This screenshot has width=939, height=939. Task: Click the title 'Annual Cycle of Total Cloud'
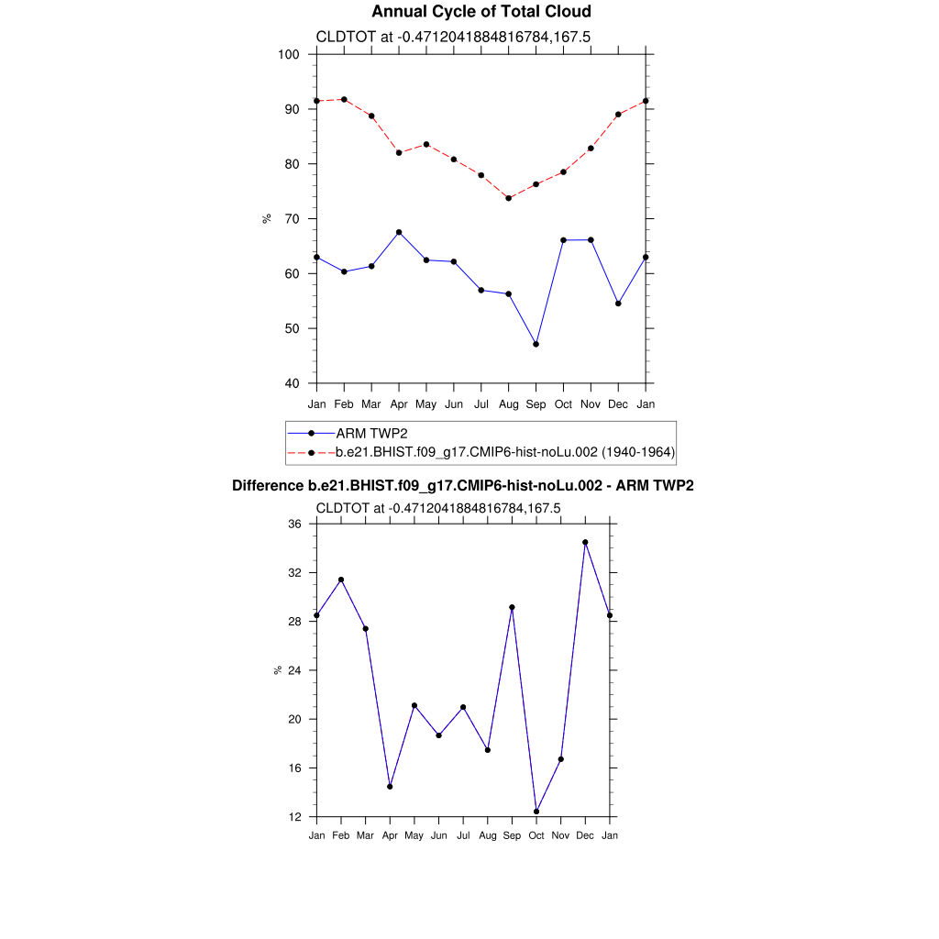click(481, 12)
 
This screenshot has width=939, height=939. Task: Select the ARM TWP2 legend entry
click(371, 433)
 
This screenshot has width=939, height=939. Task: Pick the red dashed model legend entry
click(505, 452)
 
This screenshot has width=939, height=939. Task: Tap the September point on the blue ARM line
click(536, 344)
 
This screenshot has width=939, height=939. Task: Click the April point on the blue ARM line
click(399, 232)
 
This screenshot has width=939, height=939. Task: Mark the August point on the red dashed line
click(508, 198)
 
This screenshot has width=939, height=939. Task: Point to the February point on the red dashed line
click(344, 99)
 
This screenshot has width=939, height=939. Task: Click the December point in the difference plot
click(585, 542)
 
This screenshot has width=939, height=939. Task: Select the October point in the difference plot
click(536, 812)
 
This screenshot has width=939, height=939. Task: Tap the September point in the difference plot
click(512, 607)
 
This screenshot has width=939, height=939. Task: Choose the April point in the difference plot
click(390, 787)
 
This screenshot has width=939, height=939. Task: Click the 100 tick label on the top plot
click(289, 54)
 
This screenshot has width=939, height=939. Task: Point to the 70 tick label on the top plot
click(293, 219)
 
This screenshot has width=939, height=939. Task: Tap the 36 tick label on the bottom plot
click(294, 524)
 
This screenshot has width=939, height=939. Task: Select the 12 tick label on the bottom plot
click(294, 817)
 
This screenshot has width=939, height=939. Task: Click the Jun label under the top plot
click(453, 404)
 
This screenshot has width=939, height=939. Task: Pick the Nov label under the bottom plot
click(560, 835)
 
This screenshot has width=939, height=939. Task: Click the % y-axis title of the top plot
click(267, 218)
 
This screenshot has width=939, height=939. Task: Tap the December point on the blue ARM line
click(618, 304)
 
